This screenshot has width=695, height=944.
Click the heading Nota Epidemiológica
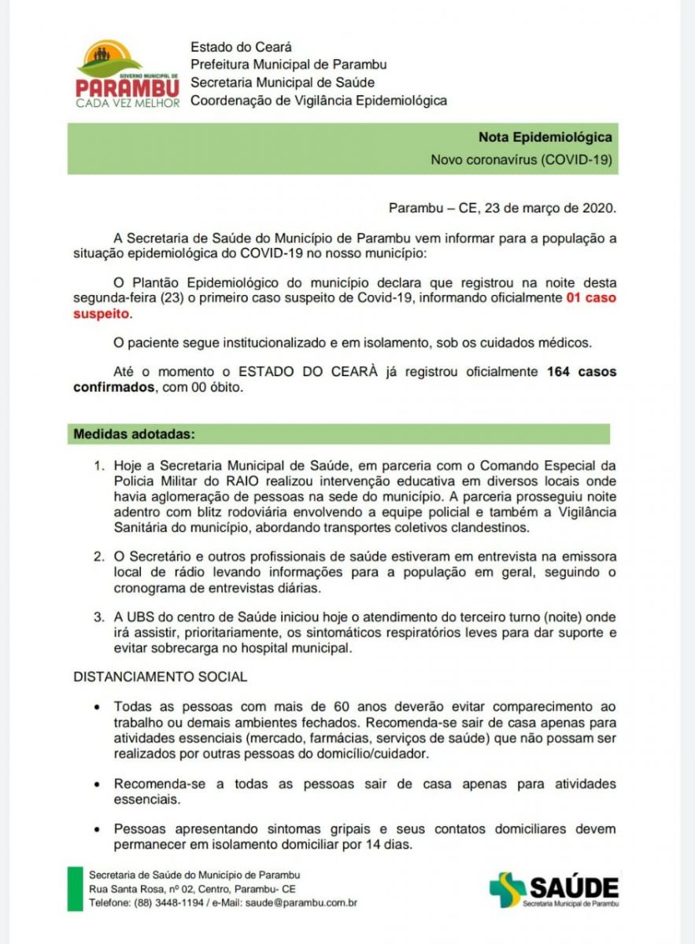tap(545, 137)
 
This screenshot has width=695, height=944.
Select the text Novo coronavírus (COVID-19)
tap(521, 160)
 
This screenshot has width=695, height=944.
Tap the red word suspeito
tap(101, 313)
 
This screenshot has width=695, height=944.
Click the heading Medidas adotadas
tap(134, 433)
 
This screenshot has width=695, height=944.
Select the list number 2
tap(98, 557)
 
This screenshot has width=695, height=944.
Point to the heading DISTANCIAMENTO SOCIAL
tap(160, 677)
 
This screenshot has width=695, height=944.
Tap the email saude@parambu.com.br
tap(301, 903)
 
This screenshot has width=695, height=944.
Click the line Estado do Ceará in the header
tap(241, 47)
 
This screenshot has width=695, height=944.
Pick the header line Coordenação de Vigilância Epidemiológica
tap(318, 100)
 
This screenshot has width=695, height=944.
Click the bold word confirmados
tap(114, 387)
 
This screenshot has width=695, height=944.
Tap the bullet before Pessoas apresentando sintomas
tap(96, 829)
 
